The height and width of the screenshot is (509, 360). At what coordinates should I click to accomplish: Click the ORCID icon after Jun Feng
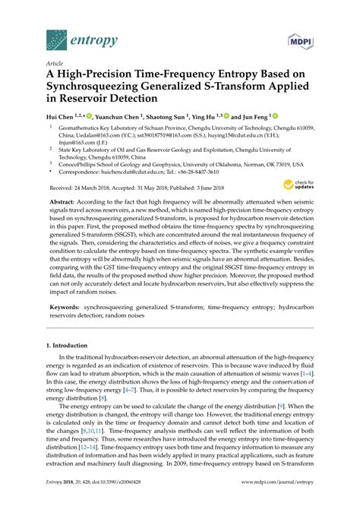pyautogui.click(x=276, y=117)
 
